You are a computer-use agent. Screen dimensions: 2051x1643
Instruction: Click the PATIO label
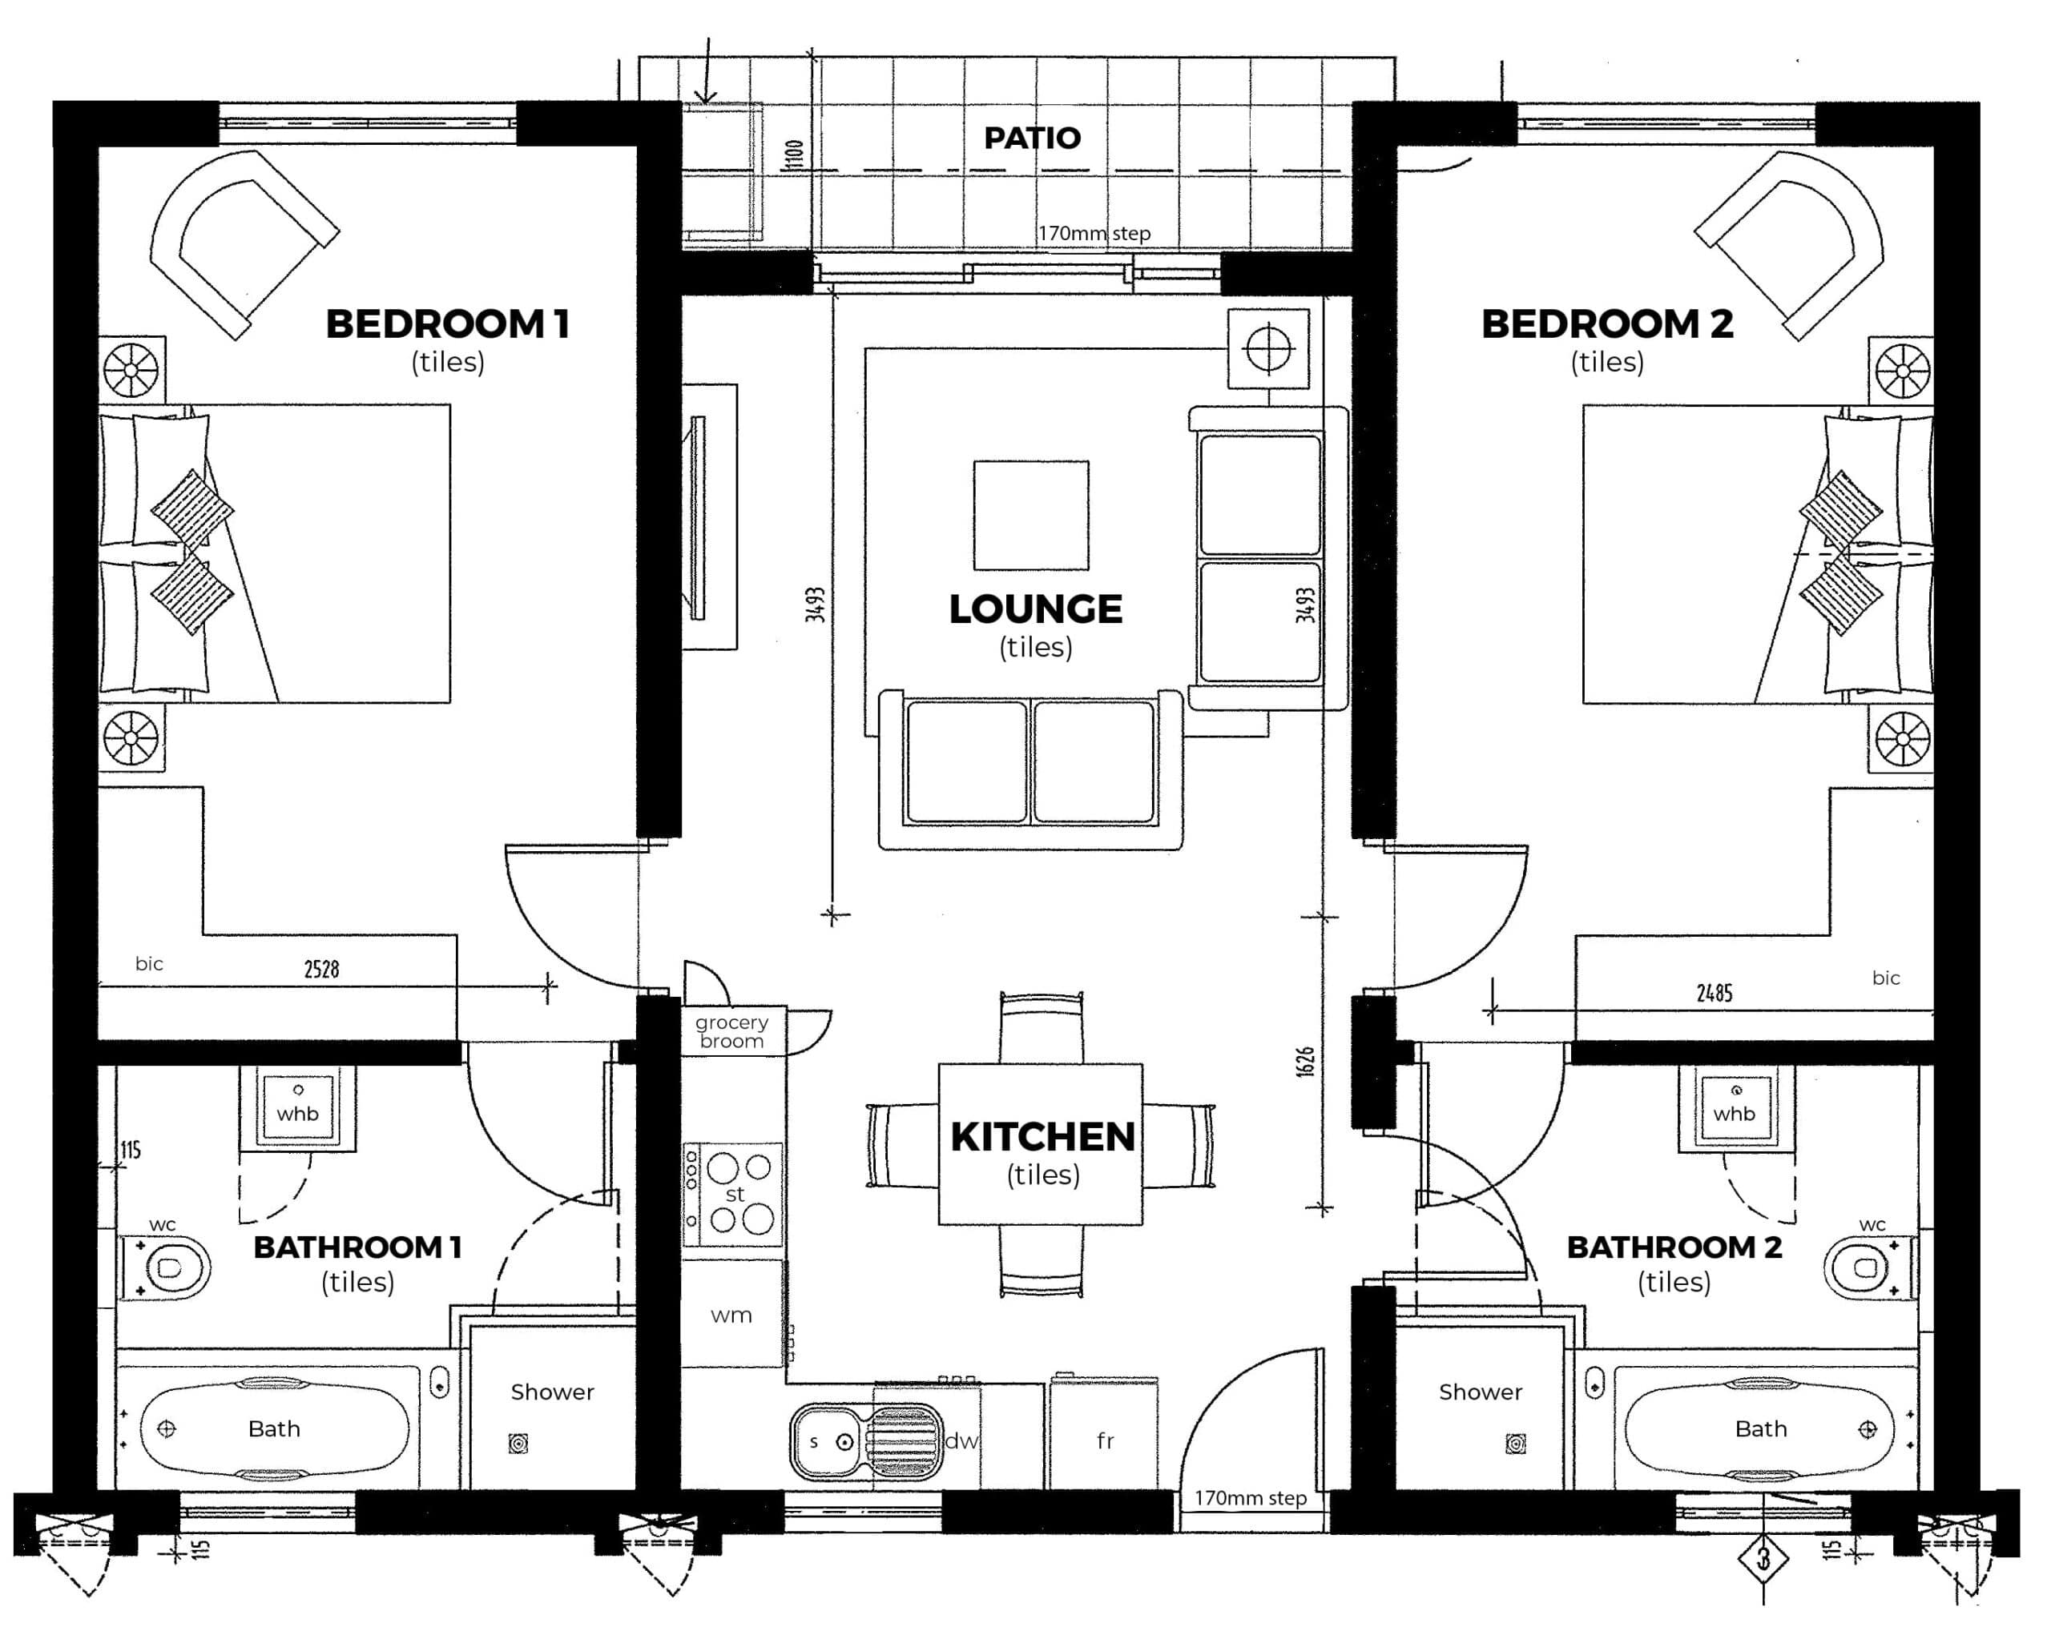point(1032,138)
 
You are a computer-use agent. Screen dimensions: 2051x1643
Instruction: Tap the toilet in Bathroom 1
point(164,1267)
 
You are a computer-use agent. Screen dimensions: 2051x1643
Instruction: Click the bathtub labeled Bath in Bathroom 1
point(274,1429)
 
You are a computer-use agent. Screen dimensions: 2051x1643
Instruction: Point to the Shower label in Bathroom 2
point(1481,1392)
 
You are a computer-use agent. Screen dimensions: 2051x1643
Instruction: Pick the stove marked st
point(732,1195)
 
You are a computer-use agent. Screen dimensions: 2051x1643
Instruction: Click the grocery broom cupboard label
point(731,1031)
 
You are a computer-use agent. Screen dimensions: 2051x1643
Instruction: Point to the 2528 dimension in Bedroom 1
point(321,969)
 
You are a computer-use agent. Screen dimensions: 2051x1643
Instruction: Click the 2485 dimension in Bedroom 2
point(1715,994)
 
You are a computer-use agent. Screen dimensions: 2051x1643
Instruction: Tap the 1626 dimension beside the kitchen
point(1305,1062)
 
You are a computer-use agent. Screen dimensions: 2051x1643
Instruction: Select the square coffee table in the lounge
point(1031,516)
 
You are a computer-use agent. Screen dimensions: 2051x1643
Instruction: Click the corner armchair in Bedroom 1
point(244,244)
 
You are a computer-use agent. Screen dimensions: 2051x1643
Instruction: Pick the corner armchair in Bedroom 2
point(1788,244)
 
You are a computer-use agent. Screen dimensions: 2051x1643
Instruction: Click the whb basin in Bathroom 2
point(1735,1107)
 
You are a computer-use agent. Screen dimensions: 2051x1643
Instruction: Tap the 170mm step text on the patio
point(1094,233)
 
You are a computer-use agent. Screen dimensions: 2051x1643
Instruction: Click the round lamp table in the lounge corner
point(1268,348)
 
